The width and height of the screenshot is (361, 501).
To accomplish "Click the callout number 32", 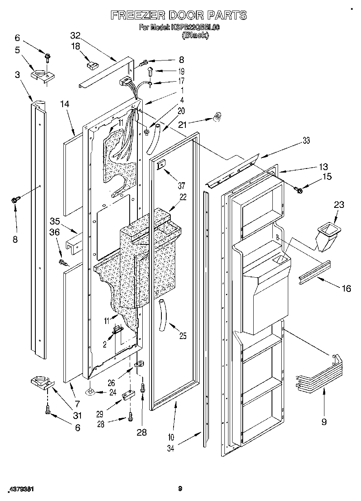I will pos(75,35).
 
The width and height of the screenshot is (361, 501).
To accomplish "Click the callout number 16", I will pos(346,288).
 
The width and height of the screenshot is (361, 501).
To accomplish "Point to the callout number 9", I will pos(324,422).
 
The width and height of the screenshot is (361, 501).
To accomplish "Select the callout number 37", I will pos(181,186).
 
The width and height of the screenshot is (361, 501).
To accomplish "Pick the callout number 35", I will pos(55,221).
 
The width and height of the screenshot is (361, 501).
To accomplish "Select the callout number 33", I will pos(306,140).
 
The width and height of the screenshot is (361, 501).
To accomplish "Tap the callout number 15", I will pos(327,176).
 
